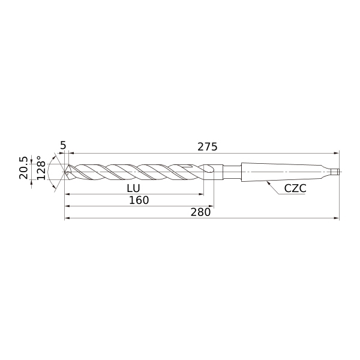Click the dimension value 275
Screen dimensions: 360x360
click(x=208, y=147)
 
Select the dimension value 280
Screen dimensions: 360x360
click(x=200, y=212)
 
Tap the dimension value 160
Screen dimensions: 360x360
click(x=139, y=200)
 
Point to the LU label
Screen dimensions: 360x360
click(x=133, y=188)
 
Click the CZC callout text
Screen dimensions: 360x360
click(x=295, y=188)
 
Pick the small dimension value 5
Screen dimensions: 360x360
click(x=63, y=146)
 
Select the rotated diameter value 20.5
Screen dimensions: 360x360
click(x=23, y=168)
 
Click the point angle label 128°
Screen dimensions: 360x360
click(x=41, y=168)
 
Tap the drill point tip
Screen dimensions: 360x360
click(x=65, y=172)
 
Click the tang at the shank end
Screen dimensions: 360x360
click(x=337, y=172)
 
